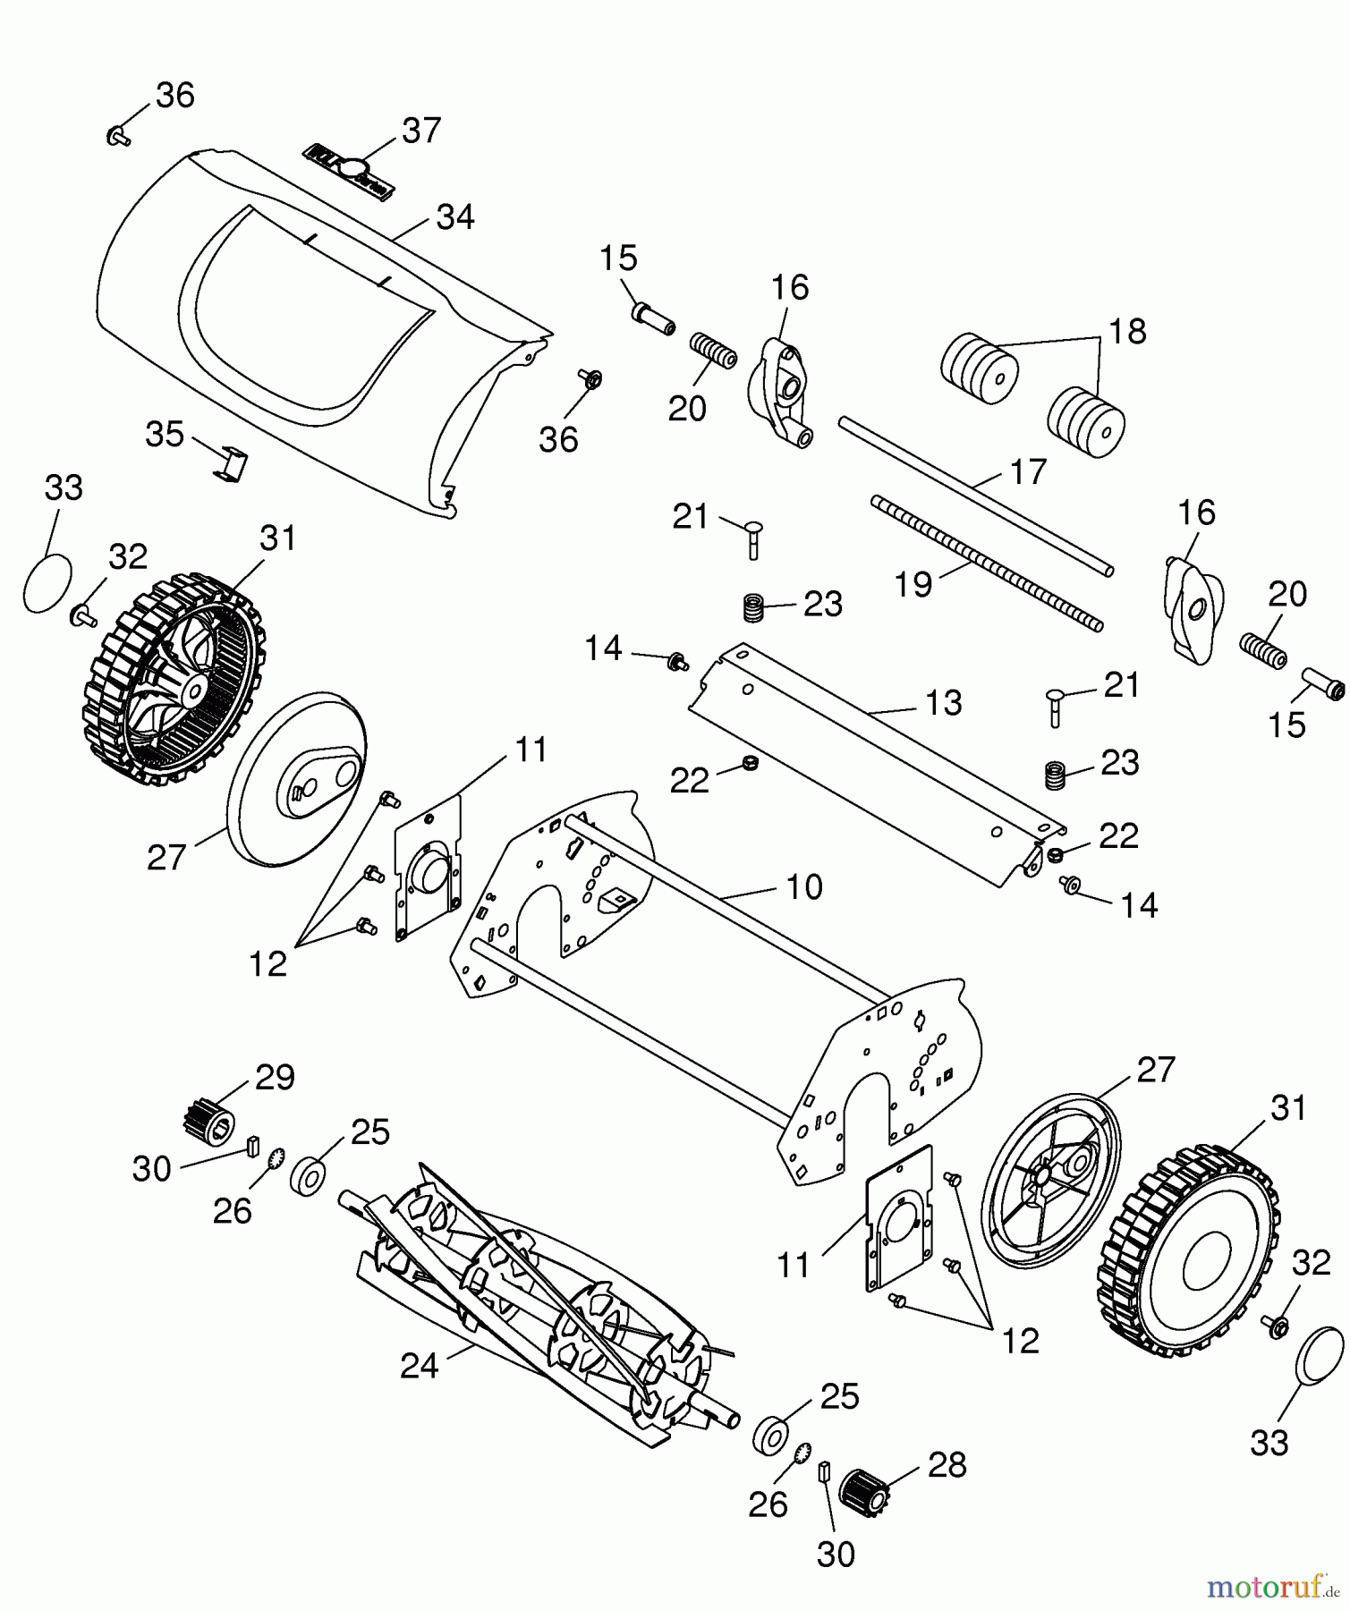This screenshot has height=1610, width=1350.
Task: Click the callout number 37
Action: (x=421, y=131)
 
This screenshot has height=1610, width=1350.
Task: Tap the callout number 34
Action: (x=455, y=217)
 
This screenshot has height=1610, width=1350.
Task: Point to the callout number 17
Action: (x=1028, y=471)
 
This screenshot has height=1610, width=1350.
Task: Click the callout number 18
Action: (x=1126, y=331)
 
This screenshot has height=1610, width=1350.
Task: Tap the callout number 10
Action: (x=803, y=886)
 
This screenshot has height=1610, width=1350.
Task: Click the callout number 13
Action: (x=942, y=702)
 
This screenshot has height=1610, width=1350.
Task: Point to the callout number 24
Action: (x=420, y=1366)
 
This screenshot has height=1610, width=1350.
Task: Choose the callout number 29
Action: (x=275, y=1077)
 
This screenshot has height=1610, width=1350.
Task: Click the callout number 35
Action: (x=165, y=435)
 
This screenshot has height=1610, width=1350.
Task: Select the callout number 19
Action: (x=914, y=584)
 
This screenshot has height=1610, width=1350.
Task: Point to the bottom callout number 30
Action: (x=836, y=1555)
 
